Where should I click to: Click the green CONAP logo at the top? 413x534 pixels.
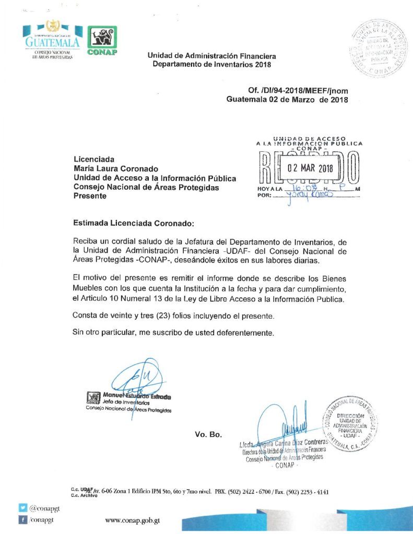click(102, 40)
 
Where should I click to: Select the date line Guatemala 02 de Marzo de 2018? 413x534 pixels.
click(287, 99)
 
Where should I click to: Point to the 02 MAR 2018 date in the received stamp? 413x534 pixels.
click(310, 168)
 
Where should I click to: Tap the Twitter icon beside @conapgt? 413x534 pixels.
click(23, 507)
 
